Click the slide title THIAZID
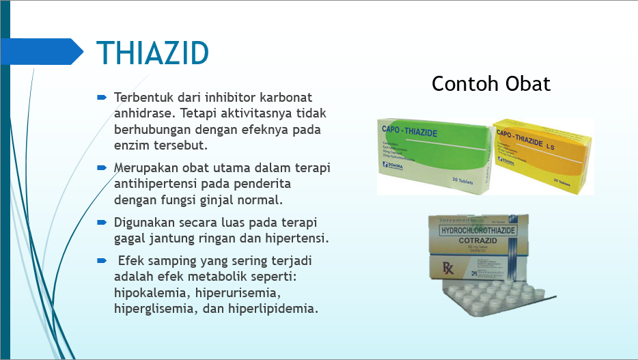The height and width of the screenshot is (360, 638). click(x=152, y=53)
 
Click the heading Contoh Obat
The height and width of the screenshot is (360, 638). click(x=490, y=84)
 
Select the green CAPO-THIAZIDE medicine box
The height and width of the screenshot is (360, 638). click(x=434, y=155)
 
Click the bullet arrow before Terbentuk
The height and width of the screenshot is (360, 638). click(x=101, y=97)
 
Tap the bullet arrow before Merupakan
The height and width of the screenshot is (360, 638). click(x=101, y=167)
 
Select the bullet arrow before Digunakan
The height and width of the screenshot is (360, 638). click(x=101, y=223)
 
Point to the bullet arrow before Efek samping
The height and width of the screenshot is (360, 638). click(x=101, y=261)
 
